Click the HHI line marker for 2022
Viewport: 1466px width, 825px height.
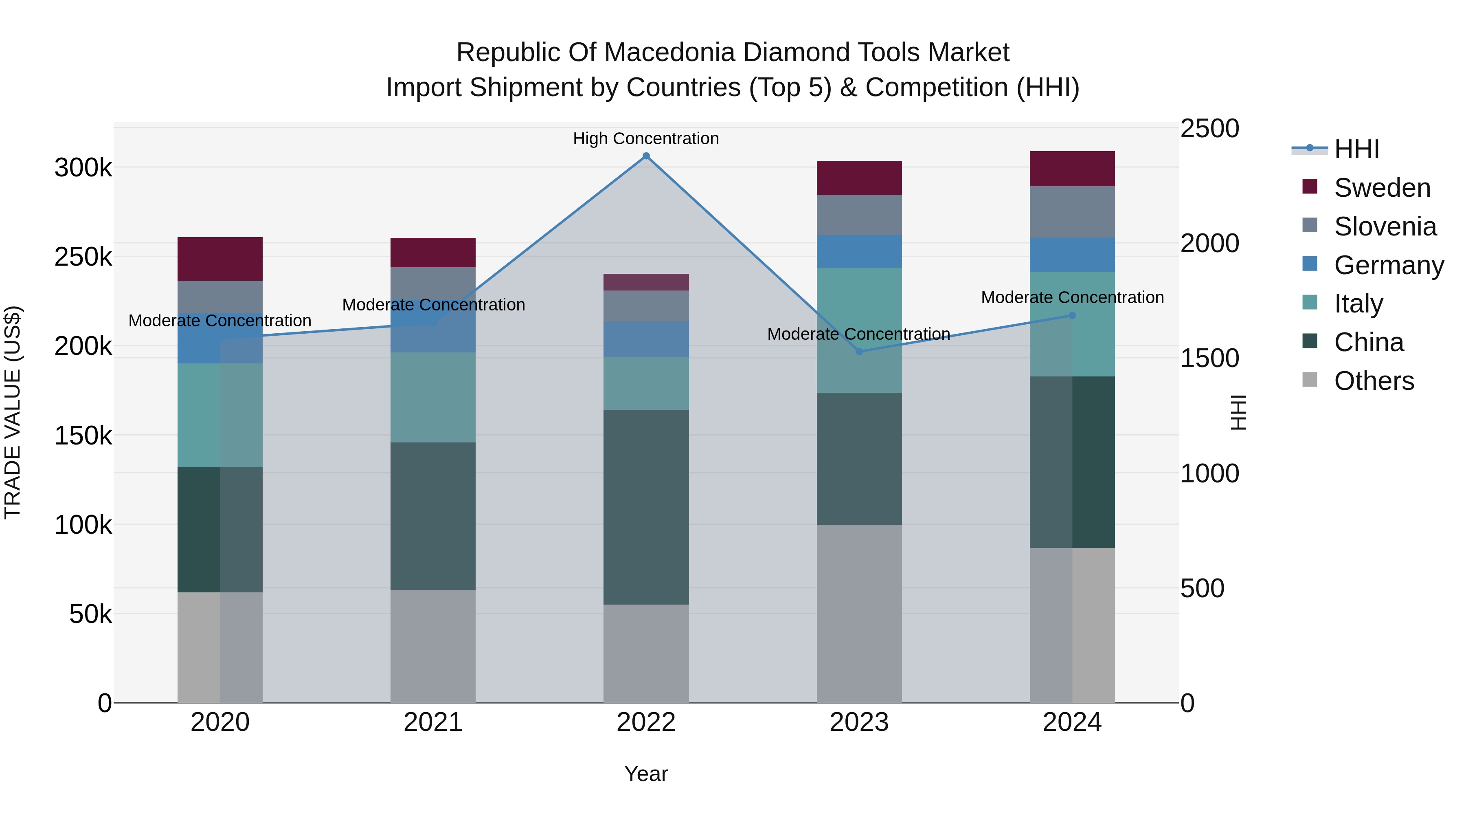pos(646,156)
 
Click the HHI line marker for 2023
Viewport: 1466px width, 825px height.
pos(859,351)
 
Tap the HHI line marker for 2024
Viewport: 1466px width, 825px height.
pos(1072,315)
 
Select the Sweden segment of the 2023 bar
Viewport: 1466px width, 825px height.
pos(859,178)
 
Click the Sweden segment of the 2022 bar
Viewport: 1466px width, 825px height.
pos(646,282)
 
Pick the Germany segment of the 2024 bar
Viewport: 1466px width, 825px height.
pos(1072,255)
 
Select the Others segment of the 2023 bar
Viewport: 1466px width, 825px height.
pos(859,613)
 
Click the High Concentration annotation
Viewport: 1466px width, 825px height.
pos(646,139)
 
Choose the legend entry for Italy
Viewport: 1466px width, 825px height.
pos(1358,304)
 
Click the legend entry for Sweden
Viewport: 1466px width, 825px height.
pos(1382,188)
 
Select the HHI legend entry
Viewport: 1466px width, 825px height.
pos(1357,149)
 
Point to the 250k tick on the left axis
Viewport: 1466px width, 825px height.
pos(83,257)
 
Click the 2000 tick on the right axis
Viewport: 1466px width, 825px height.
pos(1209,243)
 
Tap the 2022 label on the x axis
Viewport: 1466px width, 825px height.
pos(646,722)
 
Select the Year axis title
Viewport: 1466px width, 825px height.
pos(646,774)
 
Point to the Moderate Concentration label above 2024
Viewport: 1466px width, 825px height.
pos(1072,297)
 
